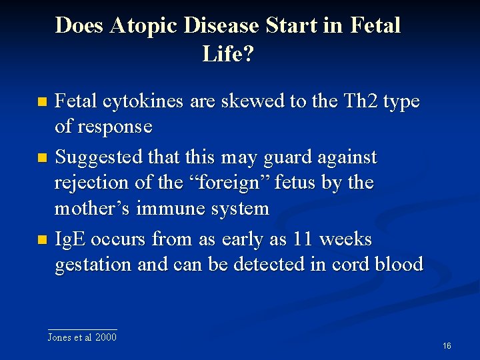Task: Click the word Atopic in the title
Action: pos(145,26)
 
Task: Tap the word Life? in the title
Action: pos(228,54)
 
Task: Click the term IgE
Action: pos(70,239)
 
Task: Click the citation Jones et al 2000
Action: pos(82,337)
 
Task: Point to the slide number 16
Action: pos(447,345)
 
